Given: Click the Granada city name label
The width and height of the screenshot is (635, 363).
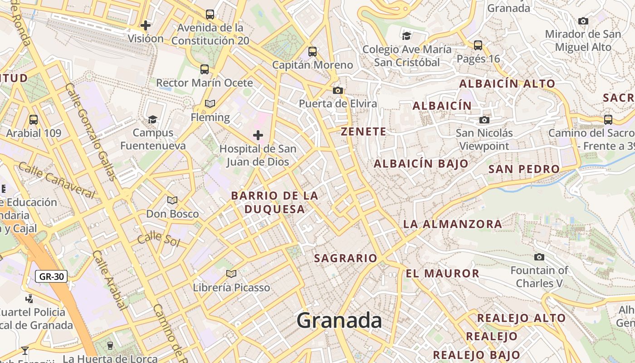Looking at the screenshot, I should pyautogui.click(x=339, y=321).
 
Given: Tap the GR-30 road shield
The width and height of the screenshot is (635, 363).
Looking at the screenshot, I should pyautogui.click(x=51, y=276).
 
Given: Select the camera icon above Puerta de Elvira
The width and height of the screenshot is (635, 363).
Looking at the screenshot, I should pyautogui.click(x=338, y=90).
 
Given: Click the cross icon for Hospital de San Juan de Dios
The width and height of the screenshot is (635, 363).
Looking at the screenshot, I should pyautogui.click(x=258, y=135).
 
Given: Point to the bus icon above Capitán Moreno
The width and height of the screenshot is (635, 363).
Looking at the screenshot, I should pyautogui.click(x=313, y=52).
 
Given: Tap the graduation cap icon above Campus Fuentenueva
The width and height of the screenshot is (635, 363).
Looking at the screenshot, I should pyautogui.click(x=153, y=119).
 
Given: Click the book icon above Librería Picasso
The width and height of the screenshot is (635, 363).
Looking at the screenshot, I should pyautogui.click(x=231, y=274).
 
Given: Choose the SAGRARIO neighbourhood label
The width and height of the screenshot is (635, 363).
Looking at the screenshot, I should pyautogui.click(x=346, y=258).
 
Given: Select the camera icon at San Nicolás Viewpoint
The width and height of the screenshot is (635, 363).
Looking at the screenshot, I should pyautogui.click(x=484, y=120).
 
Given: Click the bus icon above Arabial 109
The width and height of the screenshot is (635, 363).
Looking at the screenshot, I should pyautogui.click(x=34, y=120).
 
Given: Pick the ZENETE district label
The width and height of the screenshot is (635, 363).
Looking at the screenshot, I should pyautogui.click(x=364, y=132).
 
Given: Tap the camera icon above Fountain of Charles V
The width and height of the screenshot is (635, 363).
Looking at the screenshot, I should pyautogui.click(x=539, y=257).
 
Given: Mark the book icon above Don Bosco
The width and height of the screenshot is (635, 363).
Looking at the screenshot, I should pyautogui.click(x=172, y=200).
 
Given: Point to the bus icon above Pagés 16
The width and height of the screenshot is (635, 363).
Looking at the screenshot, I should pyautogui.click(x=478, y=45).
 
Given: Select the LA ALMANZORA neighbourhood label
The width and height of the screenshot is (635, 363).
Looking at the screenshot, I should pyautogui.click(x=452, y=224).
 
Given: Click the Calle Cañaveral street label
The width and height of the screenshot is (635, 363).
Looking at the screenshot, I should pyautogui.click(x=57, y=180).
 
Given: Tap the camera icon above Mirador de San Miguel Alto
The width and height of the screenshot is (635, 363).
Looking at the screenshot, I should pyautogui.click(x=583, y=21).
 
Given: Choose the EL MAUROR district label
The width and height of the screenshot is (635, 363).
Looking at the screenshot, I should pyautogui.click(x=442, y=273).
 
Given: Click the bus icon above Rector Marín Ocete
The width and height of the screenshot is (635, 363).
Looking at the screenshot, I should pyautogui.click(x=205, y=69).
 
